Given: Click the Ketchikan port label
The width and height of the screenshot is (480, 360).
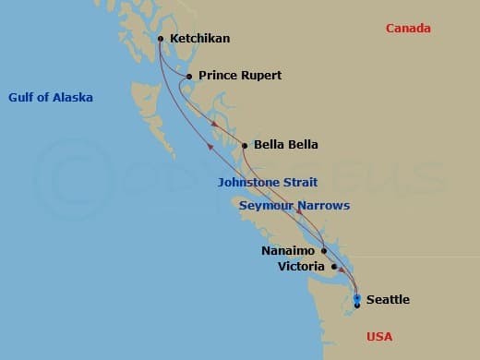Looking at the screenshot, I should (x=199, y=39).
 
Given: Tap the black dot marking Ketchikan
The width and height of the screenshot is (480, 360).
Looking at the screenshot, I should (x=161, y=39).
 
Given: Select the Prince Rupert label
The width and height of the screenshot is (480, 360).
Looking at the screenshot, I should (x=240, y=76).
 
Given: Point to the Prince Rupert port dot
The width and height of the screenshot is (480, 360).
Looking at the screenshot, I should (x=189, y=77).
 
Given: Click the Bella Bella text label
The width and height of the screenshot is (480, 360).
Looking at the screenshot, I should (x=286, y=145).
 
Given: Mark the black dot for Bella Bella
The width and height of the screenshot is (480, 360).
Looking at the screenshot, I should (x=245, y=145).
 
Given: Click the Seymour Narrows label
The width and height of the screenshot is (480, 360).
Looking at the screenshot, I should (x=294, y=206).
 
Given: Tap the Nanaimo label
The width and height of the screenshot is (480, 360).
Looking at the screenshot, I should (x=287, y=250).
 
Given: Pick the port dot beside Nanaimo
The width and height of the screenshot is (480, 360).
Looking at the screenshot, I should (x=324, y=250).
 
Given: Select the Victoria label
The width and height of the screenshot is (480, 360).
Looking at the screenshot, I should (x=301, y=267).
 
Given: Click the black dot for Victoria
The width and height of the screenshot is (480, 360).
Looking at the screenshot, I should (x=334, y=266).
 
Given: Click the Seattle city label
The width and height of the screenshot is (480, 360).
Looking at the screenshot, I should (x=388, y=300).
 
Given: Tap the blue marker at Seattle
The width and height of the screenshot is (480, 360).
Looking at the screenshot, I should (x=357, y=297).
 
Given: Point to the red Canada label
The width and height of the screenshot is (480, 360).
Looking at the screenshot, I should (x=408, y=29).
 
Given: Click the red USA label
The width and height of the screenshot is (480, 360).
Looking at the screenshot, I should (x=380, y=337).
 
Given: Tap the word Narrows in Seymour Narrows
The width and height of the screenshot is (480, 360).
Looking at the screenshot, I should (x=323, y=206).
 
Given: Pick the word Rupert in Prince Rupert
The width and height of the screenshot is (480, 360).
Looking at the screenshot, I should (x=259, y=76).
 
